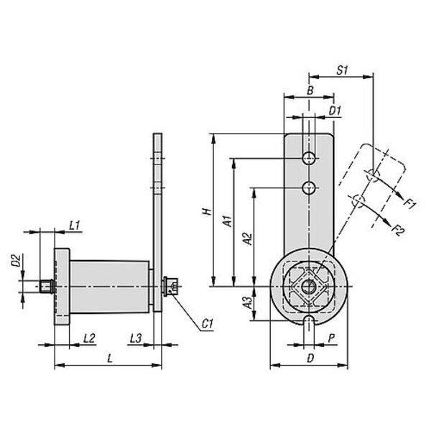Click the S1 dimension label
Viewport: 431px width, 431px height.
click(342, 70)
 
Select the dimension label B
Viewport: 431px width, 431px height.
click(310, 91)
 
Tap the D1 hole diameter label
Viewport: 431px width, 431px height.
click(335, 111)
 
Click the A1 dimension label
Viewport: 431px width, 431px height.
click(228, 221)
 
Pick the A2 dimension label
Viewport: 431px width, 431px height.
click(248, 238)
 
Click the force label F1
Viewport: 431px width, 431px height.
click(410, 204)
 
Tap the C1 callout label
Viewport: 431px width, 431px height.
click(208, 324)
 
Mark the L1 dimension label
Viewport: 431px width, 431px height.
click(74, 226)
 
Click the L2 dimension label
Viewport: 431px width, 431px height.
click(89, 338)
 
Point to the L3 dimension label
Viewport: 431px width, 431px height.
click(136, 338)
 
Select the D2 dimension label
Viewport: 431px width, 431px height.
click(16, 261)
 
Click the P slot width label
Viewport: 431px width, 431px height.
click(332, 338)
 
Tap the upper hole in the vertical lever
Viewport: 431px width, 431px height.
click(309, 158)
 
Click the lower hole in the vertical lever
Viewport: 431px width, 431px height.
click(309, 188)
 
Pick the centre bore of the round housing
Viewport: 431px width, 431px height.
click(308, 287)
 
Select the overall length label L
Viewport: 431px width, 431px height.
click(110, 358)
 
